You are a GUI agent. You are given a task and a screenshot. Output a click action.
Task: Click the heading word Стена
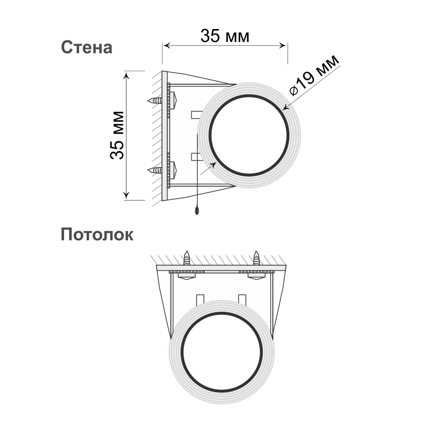point(87,47)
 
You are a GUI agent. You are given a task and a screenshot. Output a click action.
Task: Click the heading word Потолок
point(97,235)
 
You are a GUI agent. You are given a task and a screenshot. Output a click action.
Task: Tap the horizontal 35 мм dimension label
point(225,36)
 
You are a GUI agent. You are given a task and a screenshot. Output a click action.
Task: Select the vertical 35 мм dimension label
point(117,135)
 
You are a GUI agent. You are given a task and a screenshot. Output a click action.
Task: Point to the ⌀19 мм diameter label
point(314,75)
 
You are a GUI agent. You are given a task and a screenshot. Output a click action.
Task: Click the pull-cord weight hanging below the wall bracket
point(197,211)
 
